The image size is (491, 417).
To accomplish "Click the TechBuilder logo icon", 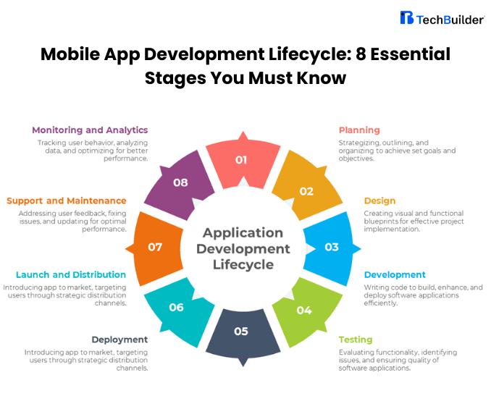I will pyautogui.click(x=407, y=18).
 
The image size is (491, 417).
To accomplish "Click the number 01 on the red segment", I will pyautogui.click(x=241, y=159).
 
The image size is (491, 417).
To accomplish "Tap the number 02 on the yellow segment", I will pyautogui.click(x=306, y=191).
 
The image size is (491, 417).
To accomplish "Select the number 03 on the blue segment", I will pyautogui.click(x=331, y=247).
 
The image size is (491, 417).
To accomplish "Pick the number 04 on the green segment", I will pyautogui.click(x=304, y=310).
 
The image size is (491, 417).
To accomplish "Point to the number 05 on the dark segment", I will pyautogui.click(x=241, y=332).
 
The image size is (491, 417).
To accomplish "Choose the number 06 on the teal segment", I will pyautogui.click(x=177, y=307).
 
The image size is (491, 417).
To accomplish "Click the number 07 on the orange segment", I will pyautogui.click(x=155, y=247).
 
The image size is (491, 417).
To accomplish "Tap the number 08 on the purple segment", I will pyautogui.click(x=180, y=182).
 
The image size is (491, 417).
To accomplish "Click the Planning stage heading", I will pyautogui.click(x=359, y=130).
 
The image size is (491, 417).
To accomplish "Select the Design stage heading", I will pyautogui.click(x=379, y=201).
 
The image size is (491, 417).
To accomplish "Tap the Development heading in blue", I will pyautogui.click(x=395, y=275).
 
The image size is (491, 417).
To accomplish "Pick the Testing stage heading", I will pyautogui.click(x=356, y=340).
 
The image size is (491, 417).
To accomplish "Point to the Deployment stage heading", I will pyautogui.click(x=119, y=340).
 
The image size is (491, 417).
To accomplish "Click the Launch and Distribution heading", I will pyautogui.click(x=71, y=275).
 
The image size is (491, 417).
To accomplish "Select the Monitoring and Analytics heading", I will pyautogui.click(x=90, y=130).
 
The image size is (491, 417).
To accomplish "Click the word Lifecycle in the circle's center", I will pyautogui.click(x=243, y=264).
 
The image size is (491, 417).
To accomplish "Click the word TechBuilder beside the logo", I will pyautogui.click(x=450, y=20).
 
